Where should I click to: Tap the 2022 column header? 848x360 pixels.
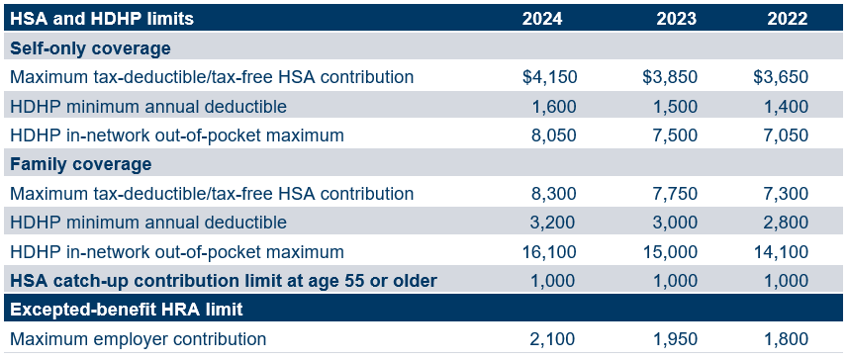click(x=787, y=18)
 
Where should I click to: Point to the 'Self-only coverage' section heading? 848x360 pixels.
click(x=90, y=47)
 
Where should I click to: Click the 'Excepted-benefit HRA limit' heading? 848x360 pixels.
click(x=127, y=310)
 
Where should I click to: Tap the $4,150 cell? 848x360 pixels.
click(x=549, y=77)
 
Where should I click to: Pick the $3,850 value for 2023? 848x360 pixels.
click(x=670, y=77)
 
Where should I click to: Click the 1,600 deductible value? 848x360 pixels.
click(x=556, y=106)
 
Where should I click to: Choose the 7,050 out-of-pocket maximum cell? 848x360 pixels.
click(x=788, y=135)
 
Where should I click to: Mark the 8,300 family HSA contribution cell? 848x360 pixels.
click(x=556, y=194)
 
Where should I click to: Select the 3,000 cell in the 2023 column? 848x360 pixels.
click(x=676, y=223)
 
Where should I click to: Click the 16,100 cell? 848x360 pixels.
click(x=551, y=252)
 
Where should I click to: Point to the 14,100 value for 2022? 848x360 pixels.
click(x=783, y=252)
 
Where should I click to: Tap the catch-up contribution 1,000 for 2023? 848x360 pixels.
click(x=676, y=281)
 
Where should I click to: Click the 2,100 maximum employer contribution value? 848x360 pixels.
click(x=556, y=339)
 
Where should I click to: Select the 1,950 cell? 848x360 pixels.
click(x=676, y=339)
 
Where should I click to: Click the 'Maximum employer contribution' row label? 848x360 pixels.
click(x=138, y=339)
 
